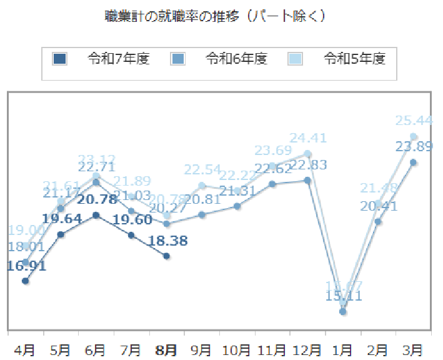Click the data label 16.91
pyautogui.click(x=27, y=266)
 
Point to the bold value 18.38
pyautogui.click(x=168, y=241)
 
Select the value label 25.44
pyautogui.click(x=414, y=121)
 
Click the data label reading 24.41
pyautogui.click(x=309, y=137)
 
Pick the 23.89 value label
pyautogui.click(x=414, y=146)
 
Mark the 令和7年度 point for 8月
pyautogui.click(x=166, y=256)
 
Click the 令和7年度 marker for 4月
pyautogui.click(x=25, y=281)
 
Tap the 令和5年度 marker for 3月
pyautogui.click(x=414, y=136)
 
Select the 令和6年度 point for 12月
pyautogui.click(x=307, y=180)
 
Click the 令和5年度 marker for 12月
pyautogui.click(x=307, y=153)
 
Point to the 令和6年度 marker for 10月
pyautogui.click(x=237, y=206)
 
